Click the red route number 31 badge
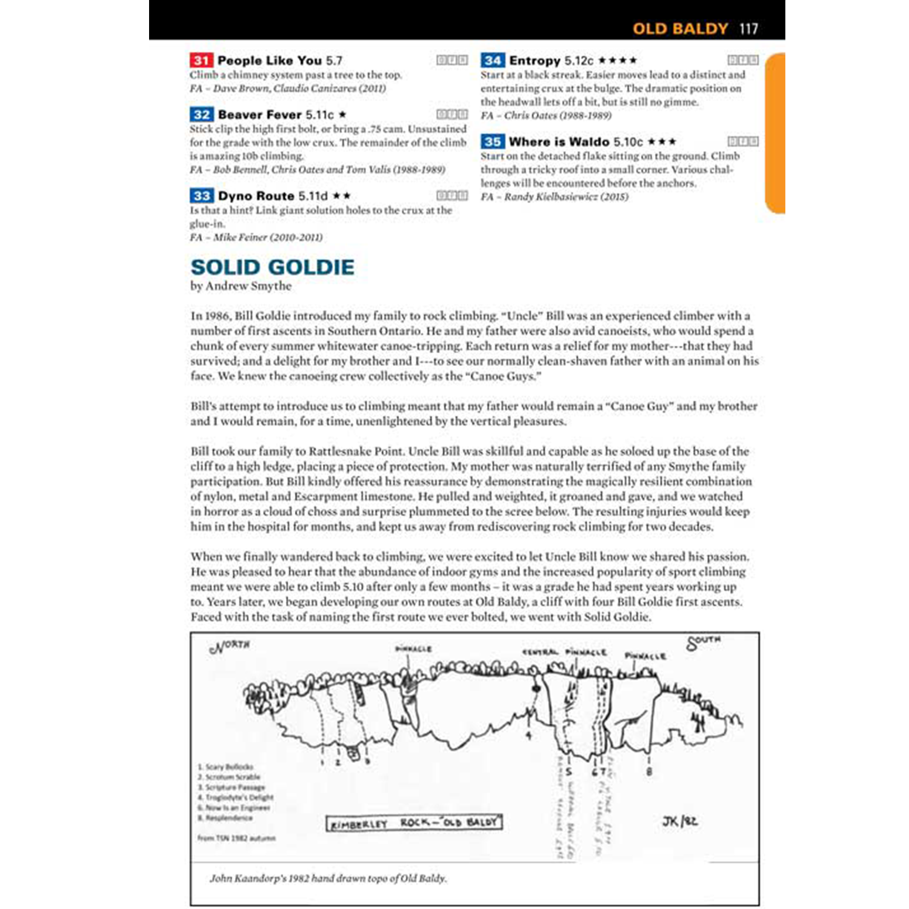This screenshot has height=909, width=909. tap(201, 61)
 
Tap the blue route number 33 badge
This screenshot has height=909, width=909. tap(201, 196)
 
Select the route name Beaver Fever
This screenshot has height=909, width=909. tap(259, 115)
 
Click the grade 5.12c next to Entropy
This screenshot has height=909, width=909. tap(579, 61)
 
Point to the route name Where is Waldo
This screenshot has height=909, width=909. tap(559, 142)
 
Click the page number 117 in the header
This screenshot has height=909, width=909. tap(748, 28)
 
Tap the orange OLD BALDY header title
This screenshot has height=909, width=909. tap(680, 28)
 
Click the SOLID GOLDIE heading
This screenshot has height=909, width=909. tap(272, 267)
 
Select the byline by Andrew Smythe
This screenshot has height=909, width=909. tap(241, 286)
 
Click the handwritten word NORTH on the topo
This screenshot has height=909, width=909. tap(230, 646)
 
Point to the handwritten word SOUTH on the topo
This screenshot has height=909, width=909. tap(704, 642)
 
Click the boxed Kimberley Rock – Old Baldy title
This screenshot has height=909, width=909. tap(415, 823)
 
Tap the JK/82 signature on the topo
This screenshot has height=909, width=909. tap(679, 822)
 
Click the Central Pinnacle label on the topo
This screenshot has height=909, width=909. tap(564, 652)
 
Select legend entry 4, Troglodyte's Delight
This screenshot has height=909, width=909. tap(236, 797)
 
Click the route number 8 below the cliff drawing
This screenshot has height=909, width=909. tap(650, 771)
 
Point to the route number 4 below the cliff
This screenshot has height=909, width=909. tap(528, 736)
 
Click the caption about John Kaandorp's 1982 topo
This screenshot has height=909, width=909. tap(328, 878)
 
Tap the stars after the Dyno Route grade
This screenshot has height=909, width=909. tap(341, 196)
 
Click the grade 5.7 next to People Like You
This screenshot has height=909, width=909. tap(334, 61)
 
